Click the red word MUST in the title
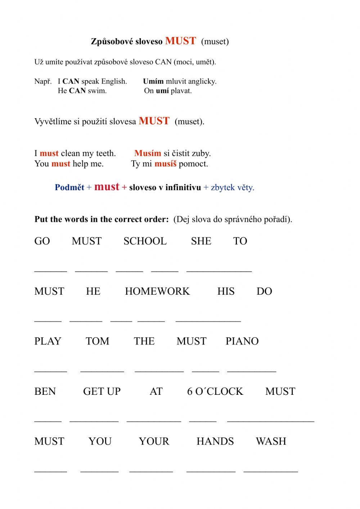coord(180,41)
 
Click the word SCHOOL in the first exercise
coord(145,241)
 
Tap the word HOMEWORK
coord(157,291)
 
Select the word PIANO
coord(242,341)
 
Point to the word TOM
coord(98,341)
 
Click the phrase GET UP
coord(102,391)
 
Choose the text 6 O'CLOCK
coord(215,391)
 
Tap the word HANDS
coord(215,441)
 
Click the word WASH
coord(271,441)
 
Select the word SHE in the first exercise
coord(201,241)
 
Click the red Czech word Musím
coord(148,153)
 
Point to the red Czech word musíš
coord(165,164)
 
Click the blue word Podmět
coord(69,187)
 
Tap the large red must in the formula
coord(107,187)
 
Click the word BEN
coord(45,391)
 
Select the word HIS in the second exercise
coord(226,291)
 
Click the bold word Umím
coord(153,81)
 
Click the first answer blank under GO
coord(50,269)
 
